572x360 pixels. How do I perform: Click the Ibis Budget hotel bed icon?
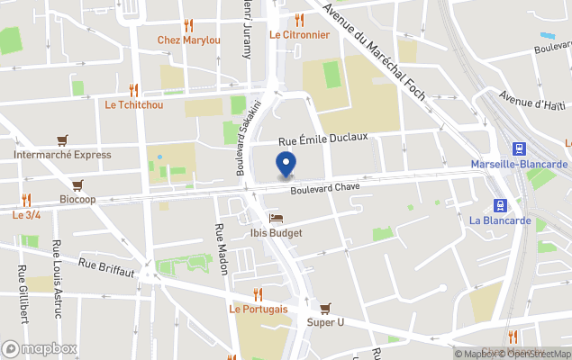tap(276, 218)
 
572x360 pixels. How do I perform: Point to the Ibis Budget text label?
tap(276, 233)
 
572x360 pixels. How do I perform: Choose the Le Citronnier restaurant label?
tap(299, 34)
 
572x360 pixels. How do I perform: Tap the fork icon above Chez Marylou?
tap(188, 25)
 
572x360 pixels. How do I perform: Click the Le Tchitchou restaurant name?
tap(134, 104)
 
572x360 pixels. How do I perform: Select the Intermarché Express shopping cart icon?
tap(62, 139)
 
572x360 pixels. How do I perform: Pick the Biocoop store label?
tap(77, 199)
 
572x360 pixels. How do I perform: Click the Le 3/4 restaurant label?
tap(26, 215)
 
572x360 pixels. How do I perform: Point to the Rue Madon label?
tap(221, 248)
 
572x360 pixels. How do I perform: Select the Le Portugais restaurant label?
tap(259, 309)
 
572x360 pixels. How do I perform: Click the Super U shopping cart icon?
tap(325, 308)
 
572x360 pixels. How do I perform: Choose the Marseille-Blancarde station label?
tap(519, 164)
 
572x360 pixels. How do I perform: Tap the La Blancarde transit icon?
tap(500, 205)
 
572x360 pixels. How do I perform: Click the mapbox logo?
tap(40, 348)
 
